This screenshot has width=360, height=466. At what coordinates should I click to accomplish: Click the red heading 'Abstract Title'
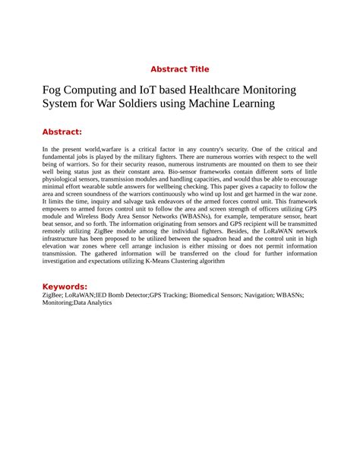pyautogui.click(x=179, y=69)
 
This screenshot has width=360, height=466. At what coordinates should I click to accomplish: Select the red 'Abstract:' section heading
pyautogui.click(x=62, y=131)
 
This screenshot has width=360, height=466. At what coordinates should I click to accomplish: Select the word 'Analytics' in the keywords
pyautogui.click(x=96, y=303)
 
